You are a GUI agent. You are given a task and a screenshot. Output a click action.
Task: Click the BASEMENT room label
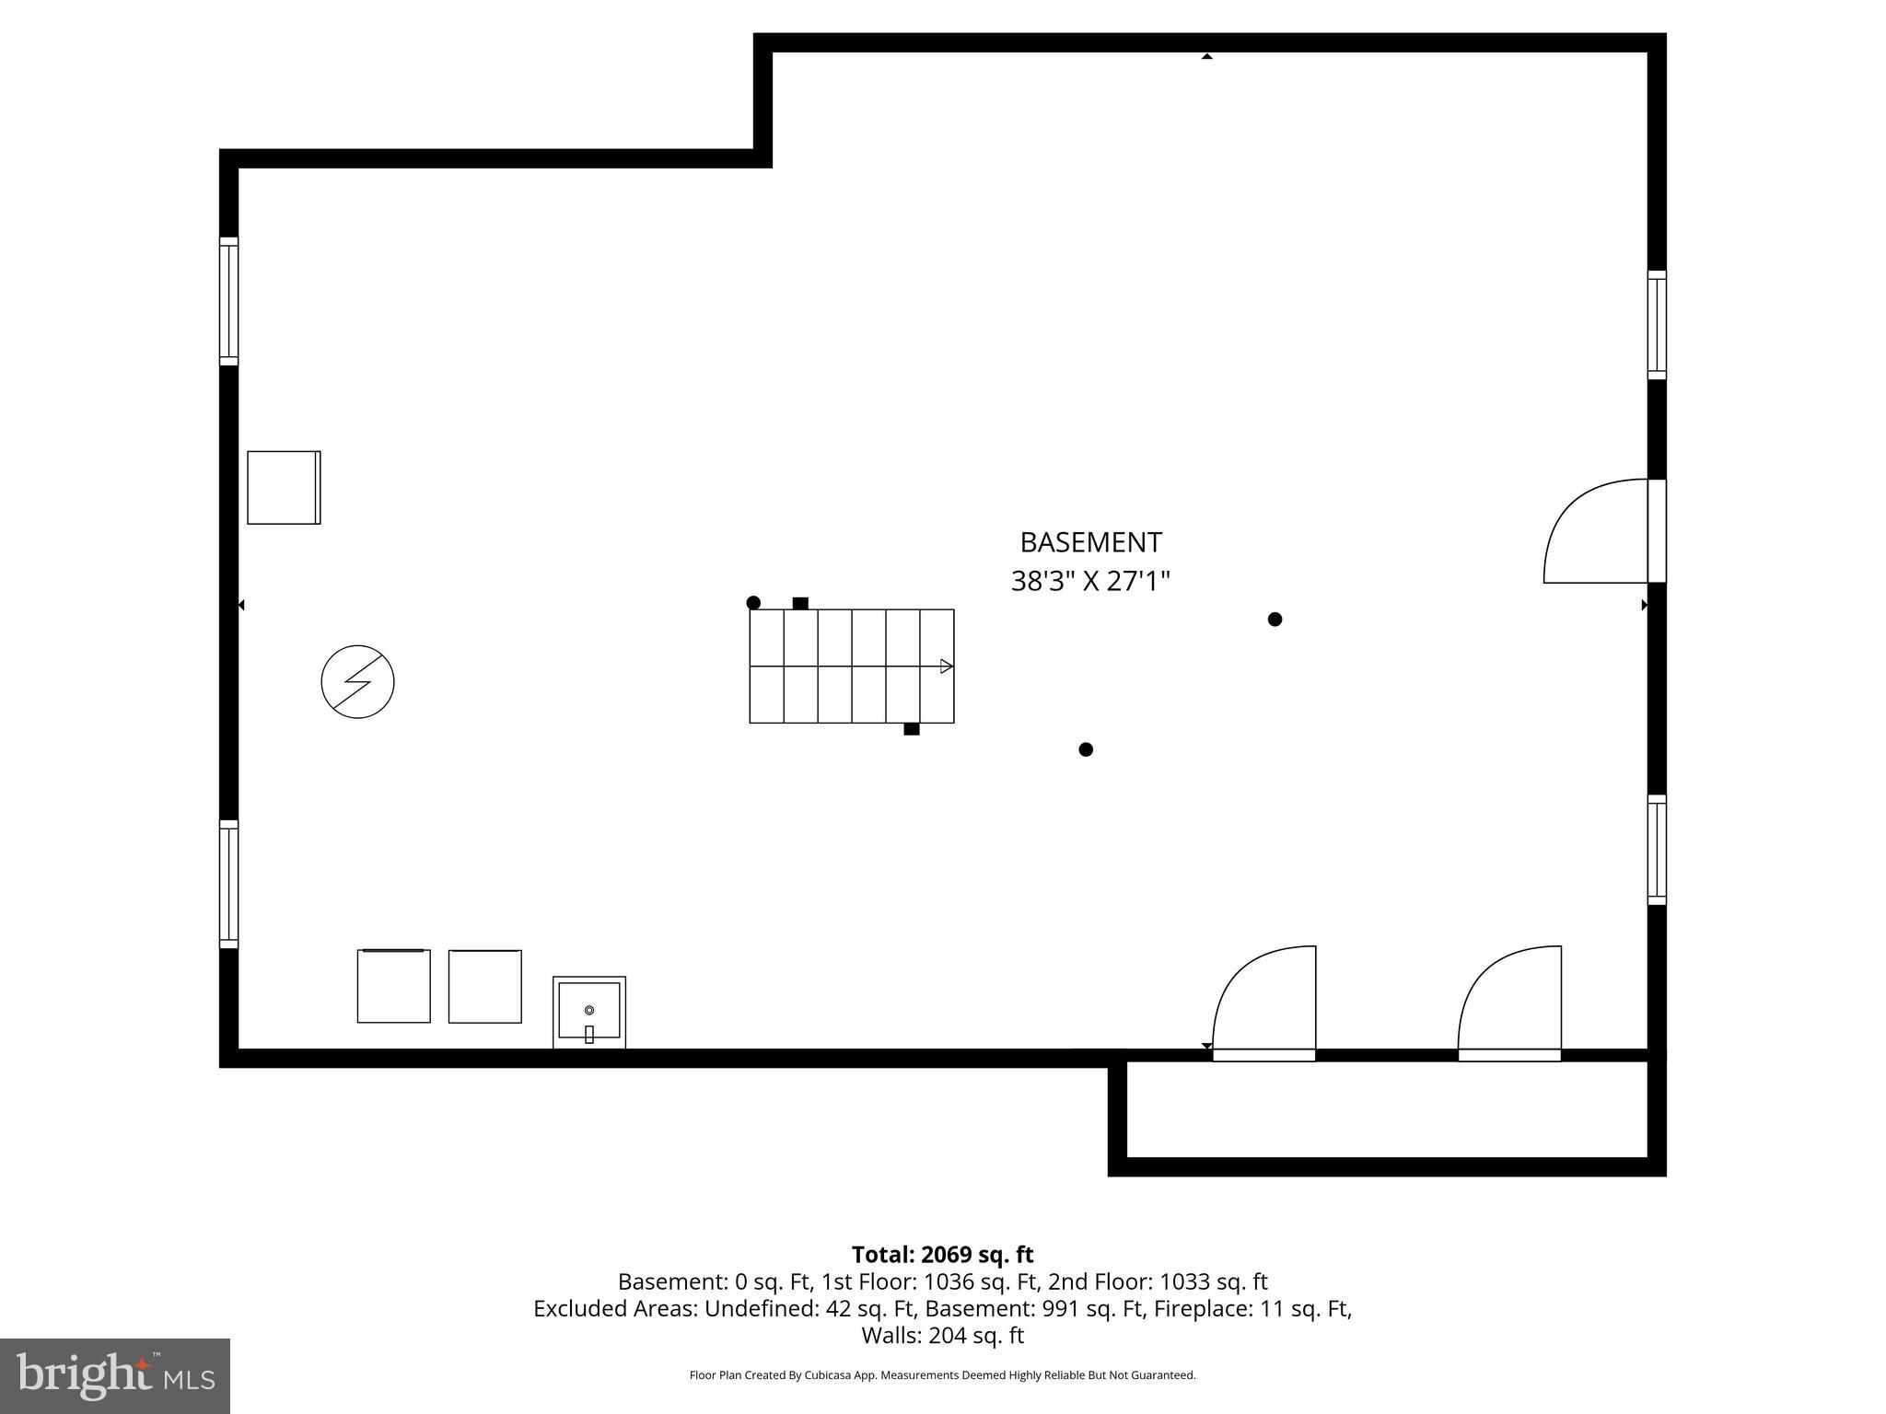click(1090, 542)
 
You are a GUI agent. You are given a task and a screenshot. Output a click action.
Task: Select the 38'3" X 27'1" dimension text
click(1090, 582)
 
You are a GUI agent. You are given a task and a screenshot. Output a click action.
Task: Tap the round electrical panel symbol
click(357, 682)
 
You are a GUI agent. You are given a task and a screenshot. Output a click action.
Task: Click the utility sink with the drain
click(589, 1012)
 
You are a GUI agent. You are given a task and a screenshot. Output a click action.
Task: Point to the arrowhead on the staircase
click(946, 666)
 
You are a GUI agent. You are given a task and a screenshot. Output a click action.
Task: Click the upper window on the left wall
click(228, 301)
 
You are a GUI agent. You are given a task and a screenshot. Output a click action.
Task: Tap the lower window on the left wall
click(228, 884)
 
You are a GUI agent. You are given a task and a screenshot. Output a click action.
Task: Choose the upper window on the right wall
click(1657, 325)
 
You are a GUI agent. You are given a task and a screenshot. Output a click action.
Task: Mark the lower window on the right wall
click(1657, 850)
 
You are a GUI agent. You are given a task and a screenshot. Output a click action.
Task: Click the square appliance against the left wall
click(284, 488)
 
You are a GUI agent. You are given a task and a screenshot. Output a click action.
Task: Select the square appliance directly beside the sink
click(485, 986)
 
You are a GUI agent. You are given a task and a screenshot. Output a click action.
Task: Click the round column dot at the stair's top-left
click(753, 603)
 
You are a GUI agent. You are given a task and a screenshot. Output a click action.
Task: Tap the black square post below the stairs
click(912, 729)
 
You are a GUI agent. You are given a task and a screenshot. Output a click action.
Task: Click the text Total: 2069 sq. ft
click(942, 1255)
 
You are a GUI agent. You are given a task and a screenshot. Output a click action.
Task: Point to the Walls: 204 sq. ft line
click(942, 1335)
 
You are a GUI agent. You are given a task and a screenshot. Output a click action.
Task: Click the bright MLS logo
click(115, 1376)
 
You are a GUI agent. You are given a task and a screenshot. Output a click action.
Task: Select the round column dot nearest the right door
click(1275, 620)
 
